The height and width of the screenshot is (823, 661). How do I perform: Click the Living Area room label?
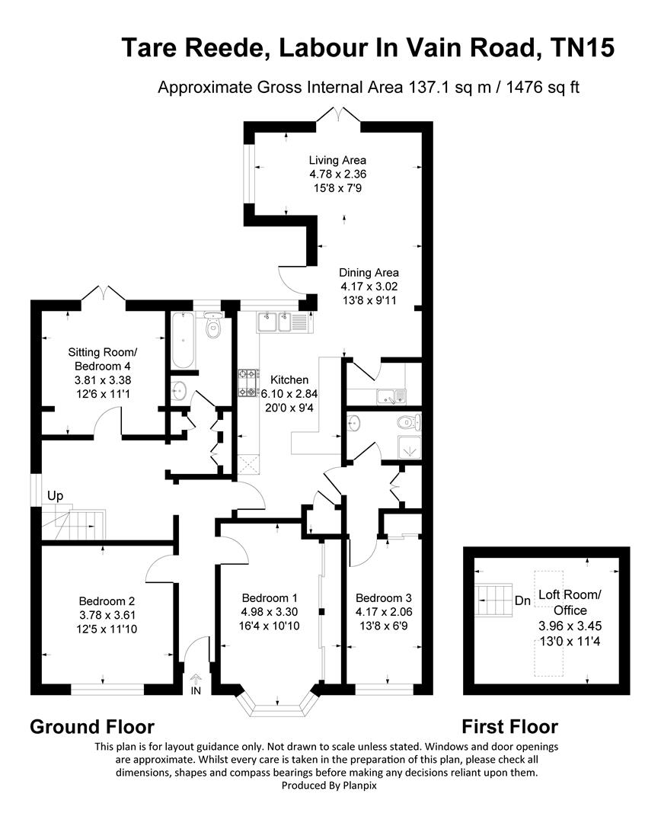(x=337, y=160)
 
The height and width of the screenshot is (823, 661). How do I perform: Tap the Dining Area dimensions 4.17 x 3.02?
(x=369, y=287)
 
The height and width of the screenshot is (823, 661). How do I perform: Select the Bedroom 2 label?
(x=107, y=599)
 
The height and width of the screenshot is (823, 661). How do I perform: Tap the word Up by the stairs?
(x=55, y=496)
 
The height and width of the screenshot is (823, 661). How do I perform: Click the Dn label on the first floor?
(x=522, y=600)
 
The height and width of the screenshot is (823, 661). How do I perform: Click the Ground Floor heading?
(x=92, y=726)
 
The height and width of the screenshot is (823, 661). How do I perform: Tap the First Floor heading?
(x=510, y=726)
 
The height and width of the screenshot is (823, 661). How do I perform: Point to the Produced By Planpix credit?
(x=330, y=786)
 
